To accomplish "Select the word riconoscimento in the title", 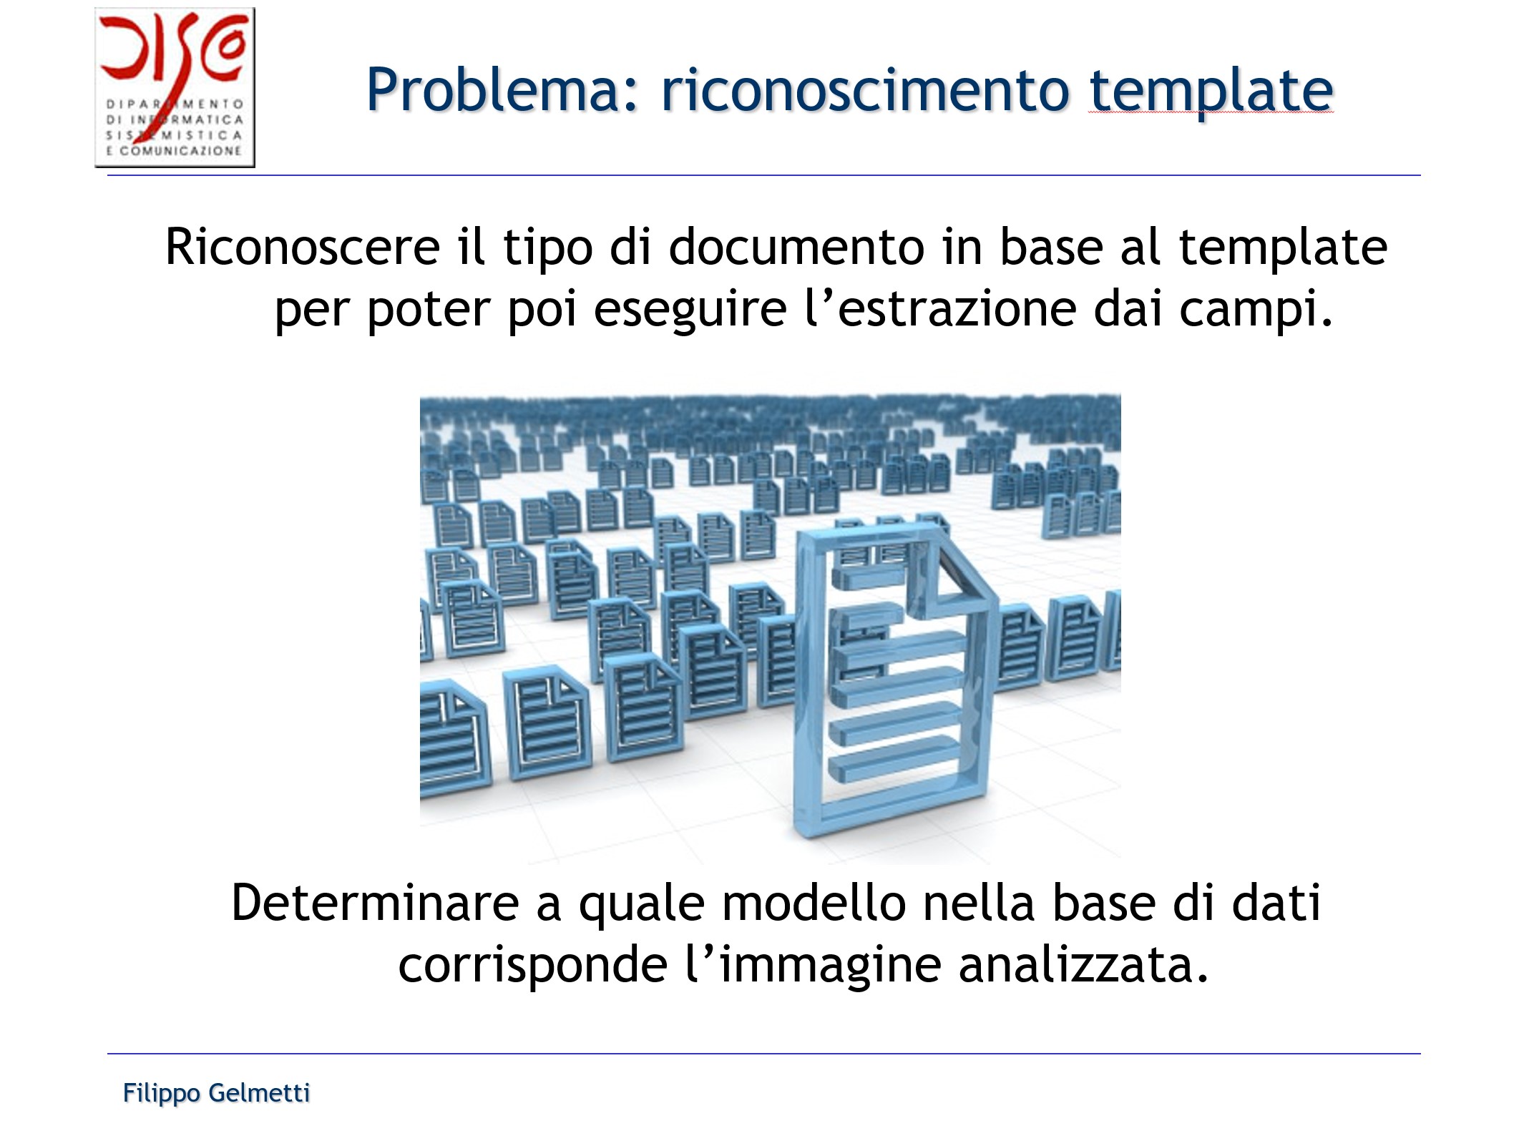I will click(864, 91).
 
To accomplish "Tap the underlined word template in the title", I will click(1211, 91).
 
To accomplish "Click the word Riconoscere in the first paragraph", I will click(302, 248).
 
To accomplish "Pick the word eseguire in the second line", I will click(690, 309).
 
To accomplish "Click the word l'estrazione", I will click(940, 309).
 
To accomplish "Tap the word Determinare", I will click(374, 903).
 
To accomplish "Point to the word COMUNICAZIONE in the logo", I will click(181, 151).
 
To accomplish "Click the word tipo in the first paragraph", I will click(547, 248).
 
